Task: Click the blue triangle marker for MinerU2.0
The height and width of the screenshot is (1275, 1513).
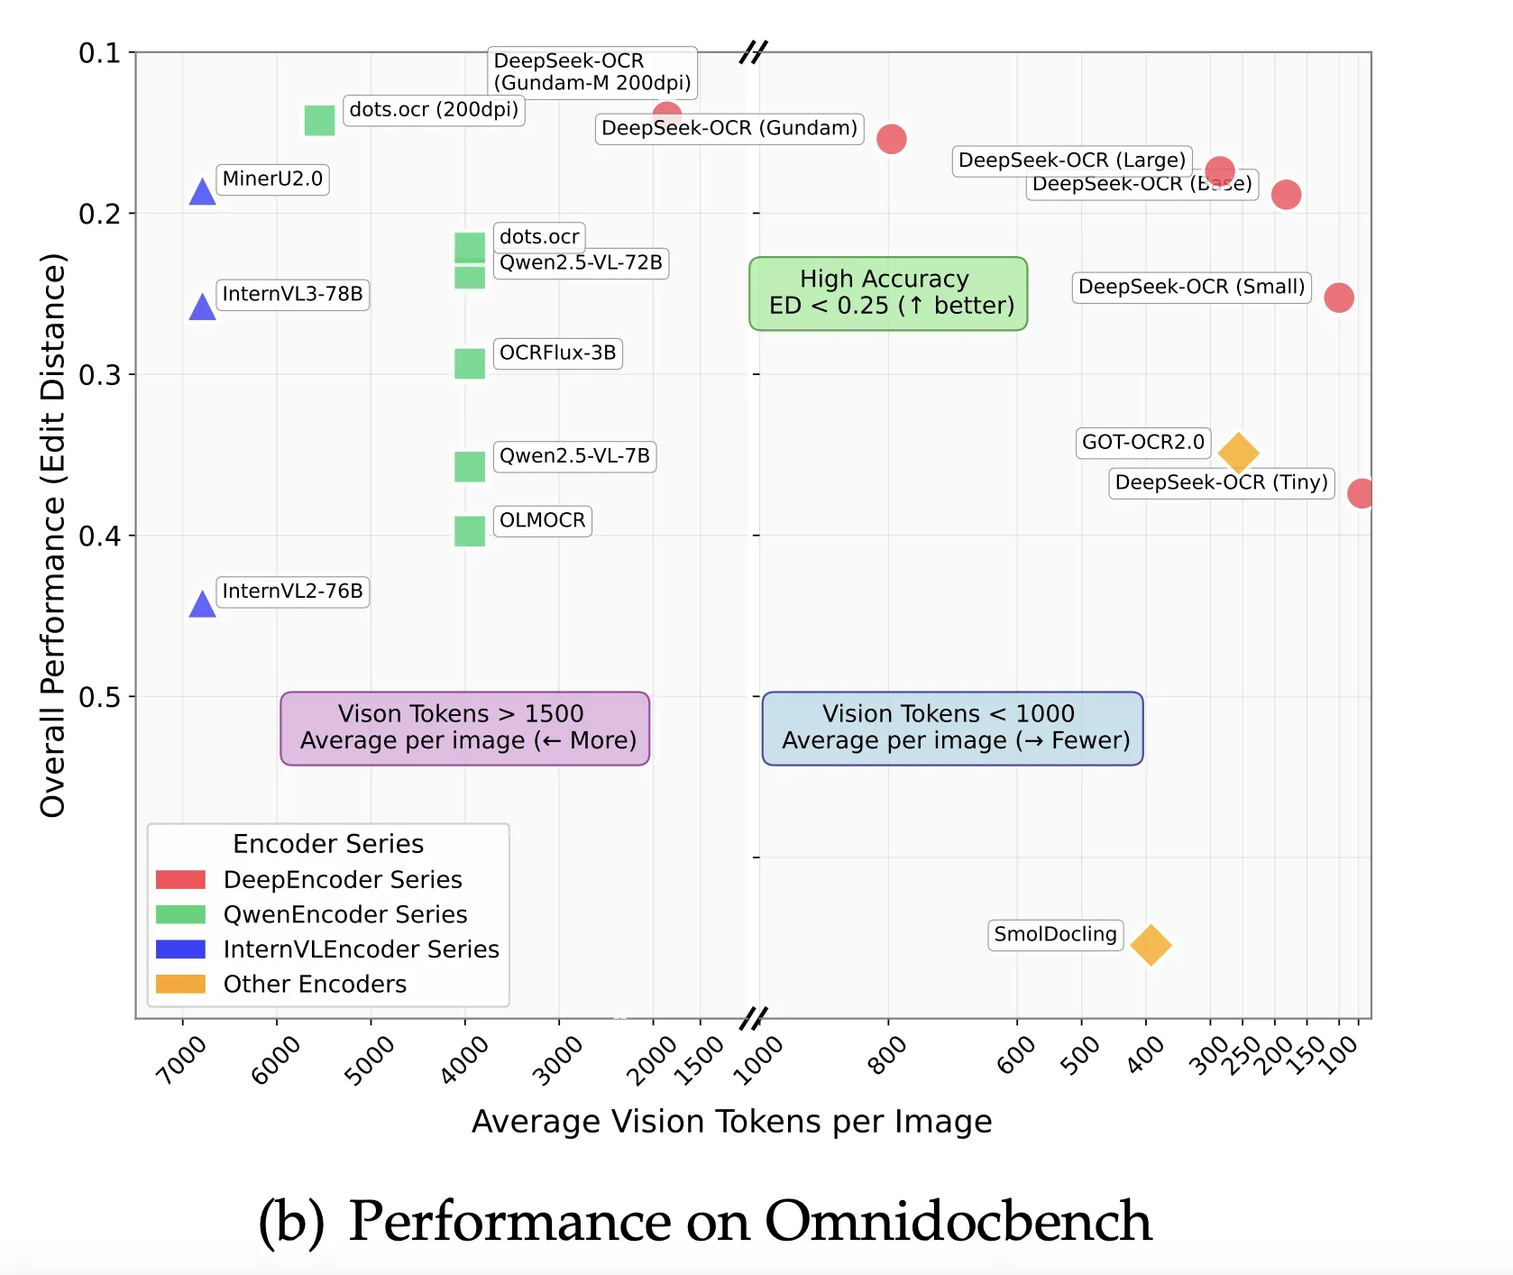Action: [x=202, y=192]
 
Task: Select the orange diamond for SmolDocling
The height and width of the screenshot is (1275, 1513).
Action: [x=1151, y=945]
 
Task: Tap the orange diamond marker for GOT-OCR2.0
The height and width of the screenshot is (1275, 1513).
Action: [x=1238, y=453]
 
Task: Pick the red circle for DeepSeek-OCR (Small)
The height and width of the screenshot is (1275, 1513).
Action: [x=1338, y=297]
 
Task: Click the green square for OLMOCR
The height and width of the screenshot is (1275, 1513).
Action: [x=470, y=531]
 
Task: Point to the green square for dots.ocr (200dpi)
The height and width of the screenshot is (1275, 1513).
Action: [x=319, y=120]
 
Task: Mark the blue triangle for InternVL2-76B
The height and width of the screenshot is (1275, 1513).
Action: [x=202, y=604]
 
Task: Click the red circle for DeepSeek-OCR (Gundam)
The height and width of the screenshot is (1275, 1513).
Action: [x=891, y=139]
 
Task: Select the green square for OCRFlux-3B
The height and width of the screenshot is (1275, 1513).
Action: [x=470, y=363]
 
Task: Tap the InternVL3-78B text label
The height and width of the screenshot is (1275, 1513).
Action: [x=292, y=294]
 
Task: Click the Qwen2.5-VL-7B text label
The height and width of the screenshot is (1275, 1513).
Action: [x=574, y=455]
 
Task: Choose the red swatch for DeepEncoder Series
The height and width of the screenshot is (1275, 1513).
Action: [x=180, y=879]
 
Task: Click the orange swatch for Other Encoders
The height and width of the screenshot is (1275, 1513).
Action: [x=180, y=984]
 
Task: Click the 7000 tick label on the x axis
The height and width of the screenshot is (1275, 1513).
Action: [x=181, y=1059]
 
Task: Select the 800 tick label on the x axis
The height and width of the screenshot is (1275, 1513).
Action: [x=887, y=1055]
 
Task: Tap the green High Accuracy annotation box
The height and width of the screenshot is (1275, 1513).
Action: [x=888, y=293]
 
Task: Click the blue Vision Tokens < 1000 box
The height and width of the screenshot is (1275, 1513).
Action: [x=952, y=728]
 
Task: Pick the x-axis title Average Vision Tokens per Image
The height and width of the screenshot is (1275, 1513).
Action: [x=731, y=1121]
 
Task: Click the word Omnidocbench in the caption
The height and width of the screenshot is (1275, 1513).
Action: [x=958, y=1221]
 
